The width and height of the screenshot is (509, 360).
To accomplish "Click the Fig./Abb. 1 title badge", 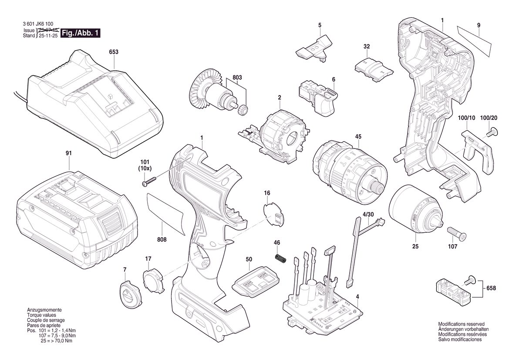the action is pos(81,33).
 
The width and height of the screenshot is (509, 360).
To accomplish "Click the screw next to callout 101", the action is pos(149,181).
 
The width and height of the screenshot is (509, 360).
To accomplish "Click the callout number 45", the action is pos(358,137).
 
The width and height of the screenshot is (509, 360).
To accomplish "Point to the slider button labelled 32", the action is pos(373,68).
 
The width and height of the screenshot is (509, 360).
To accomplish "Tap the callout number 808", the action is pos(162,239).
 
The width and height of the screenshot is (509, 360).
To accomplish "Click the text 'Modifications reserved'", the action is pos(461,324).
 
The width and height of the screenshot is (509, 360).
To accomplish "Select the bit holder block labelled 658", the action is pos(453,287).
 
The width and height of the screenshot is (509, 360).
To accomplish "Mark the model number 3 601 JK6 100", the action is pos(38,24).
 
